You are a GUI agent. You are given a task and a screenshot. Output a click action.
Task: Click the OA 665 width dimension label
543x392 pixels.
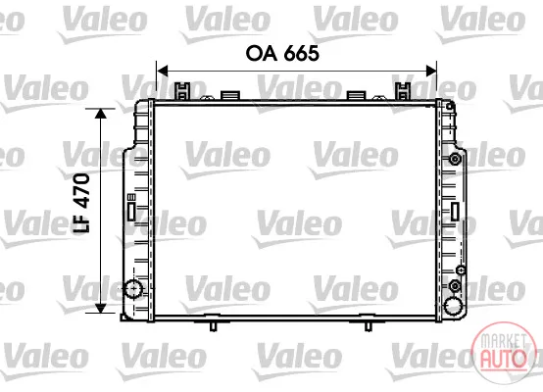(282, 54)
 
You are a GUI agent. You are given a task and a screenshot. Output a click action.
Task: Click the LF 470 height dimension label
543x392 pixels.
(81, 203)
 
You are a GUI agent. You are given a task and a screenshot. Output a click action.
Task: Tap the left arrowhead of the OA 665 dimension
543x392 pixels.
(163, 71)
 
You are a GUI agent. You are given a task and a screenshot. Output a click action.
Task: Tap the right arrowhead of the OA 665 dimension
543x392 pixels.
(431, 71)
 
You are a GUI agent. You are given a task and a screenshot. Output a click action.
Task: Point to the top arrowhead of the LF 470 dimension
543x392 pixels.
(100, 114)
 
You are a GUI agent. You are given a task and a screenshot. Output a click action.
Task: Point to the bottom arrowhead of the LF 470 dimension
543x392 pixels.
(100, 308)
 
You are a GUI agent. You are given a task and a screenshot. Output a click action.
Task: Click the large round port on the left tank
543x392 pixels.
(133, 288)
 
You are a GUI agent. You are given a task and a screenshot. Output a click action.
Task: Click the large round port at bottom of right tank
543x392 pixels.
(453, 306)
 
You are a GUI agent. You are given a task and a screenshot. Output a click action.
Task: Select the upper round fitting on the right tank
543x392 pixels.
(455, 160)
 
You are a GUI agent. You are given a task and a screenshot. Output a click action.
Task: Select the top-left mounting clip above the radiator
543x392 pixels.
(182, 91)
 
